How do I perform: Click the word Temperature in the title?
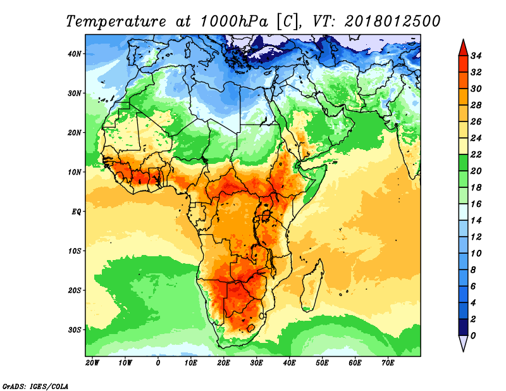click(x=116, y=22)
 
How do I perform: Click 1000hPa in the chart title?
click(x=234, y=22)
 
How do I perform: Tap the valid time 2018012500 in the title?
click(x=392, y=22)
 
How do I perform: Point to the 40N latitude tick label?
click(x=75, y=54)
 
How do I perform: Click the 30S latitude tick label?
click(x=75, y=330)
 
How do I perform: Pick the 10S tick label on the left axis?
click(x=75, y=251)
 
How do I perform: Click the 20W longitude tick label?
click(x=92, y=363)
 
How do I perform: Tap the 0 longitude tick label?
click(x=157, y=363)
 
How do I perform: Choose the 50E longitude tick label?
click(x=322, y=363)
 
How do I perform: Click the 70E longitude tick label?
click(x=388, y=363)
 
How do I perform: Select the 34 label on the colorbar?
click(x=476, y=56)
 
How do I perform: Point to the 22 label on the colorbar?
click(x=476, y=154)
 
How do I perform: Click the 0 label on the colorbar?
click(x=473, y=336)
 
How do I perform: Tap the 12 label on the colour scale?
click(x=476, y=237)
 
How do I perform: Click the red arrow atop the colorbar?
click(x=464, y=48)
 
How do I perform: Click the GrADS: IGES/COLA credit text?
click(x=35, y=387)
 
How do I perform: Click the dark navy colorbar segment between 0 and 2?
click(x=464, y=327)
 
